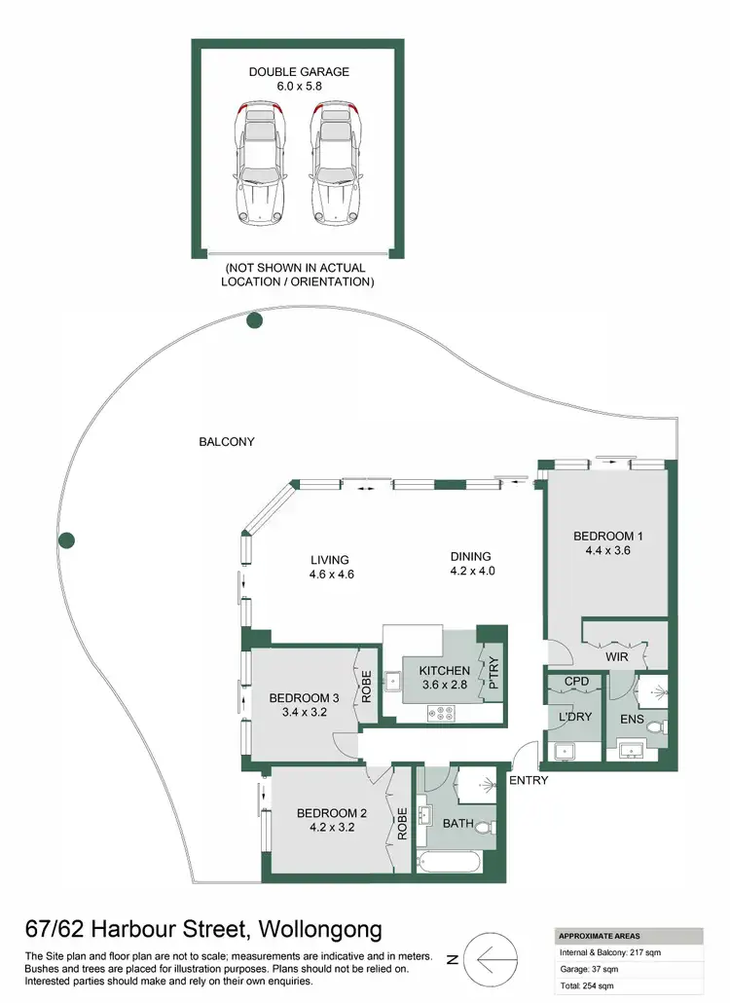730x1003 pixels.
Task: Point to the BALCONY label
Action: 227,442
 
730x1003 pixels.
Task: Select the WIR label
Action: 615,658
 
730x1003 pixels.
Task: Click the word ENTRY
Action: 528,780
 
